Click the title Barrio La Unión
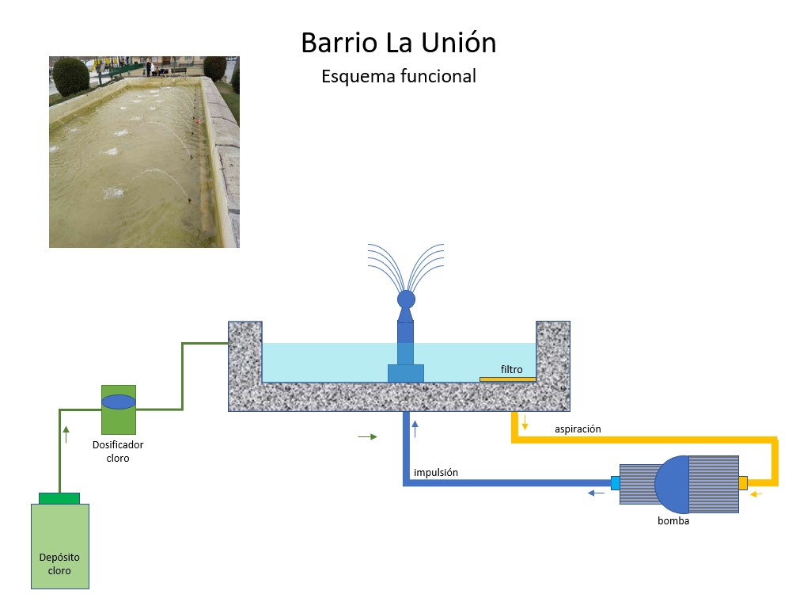(398, 43)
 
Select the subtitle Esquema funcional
(398, 77)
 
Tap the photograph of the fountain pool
(144, 151)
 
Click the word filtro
(512, 369)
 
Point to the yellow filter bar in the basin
(507, 379)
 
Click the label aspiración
(578, 429)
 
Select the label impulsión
(435, 473)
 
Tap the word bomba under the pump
(673, 521)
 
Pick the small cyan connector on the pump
(615, 482)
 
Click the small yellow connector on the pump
(742, 482)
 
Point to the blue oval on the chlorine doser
(119, 402)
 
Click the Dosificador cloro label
(118, 451)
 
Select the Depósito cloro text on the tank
(59, 564)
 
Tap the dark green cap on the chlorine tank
(59, 498)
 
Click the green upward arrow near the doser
(66, 433)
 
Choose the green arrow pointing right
(368, 436)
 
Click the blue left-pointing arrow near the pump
(596, 493)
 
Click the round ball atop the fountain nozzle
(406, 299)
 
